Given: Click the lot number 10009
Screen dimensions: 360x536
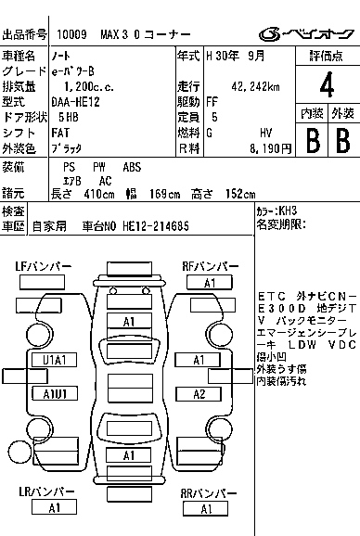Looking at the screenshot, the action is tap(71, 34).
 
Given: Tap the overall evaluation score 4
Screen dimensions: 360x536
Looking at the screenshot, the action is tap(327, 84).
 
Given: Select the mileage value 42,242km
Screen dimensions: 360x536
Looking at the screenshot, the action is tap(255, 87).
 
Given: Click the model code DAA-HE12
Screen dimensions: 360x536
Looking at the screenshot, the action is tap(75, 102).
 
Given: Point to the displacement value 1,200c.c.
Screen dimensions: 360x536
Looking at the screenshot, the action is tap(89, 87).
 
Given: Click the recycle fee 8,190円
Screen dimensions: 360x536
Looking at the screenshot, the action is tap(270, 148).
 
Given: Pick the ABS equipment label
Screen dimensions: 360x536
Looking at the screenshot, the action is tap(132, 167).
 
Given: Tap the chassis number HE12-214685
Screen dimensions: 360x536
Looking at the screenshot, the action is tap(156, 226).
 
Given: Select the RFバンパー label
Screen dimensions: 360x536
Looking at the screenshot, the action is tap(210, 266).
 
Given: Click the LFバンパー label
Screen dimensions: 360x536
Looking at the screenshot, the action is tap(43, 266).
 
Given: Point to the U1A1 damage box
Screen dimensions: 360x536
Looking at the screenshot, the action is tap(55, 360).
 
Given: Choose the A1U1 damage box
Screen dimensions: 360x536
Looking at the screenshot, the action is tap(55, 393).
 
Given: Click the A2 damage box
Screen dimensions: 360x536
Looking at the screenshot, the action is tap(199, 394).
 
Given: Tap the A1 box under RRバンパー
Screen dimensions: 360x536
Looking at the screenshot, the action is tap(205, 509).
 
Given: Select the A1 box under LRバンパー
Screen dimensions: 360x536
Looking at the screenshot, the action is tap(54, 507).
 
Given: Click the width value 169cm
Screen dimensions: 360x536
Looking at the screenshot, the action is tap(164, 194).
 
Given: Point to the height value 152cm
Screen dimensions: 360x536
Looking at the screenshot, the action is tap(240, 194).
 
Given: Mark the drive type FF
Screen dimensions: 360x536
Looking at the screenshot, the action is tap(212, 102).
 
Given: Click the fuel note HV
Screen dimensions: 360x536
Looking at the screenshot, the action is tap(266, 133).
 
